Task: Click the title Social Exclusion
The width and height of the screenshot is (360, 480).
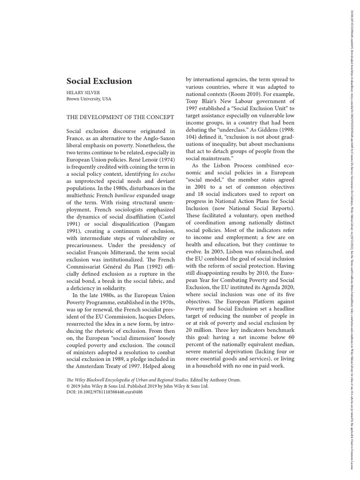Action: pos(99,81)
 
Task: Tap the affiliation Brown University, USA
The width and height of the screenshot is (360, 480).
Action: pos(89,99)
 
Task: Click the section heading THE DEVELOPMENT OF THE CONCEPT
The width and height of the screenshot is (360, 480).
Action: pos(120,117)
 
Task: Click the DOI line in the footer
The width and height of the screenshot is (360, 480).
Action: pos(105,392)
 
